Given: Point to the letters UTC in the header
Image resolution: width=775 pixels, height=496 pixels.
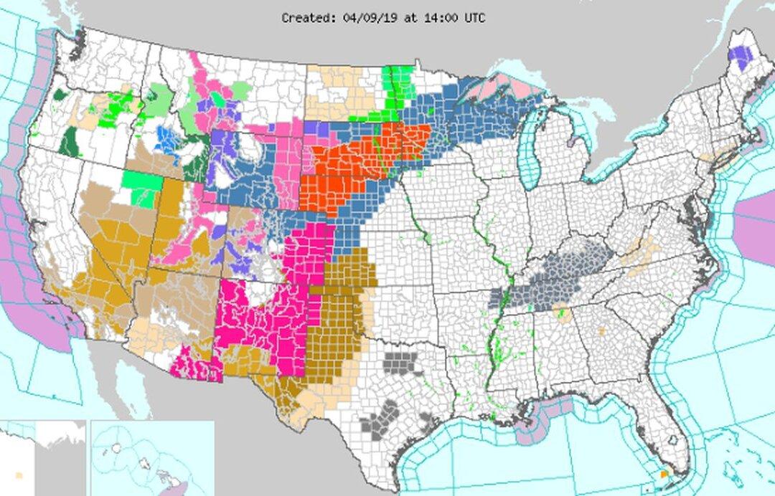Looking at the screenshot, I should point(473,18).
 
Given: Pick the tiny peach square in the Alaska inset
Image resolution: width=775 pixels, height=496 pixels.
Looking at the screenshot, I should point(19,474).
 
